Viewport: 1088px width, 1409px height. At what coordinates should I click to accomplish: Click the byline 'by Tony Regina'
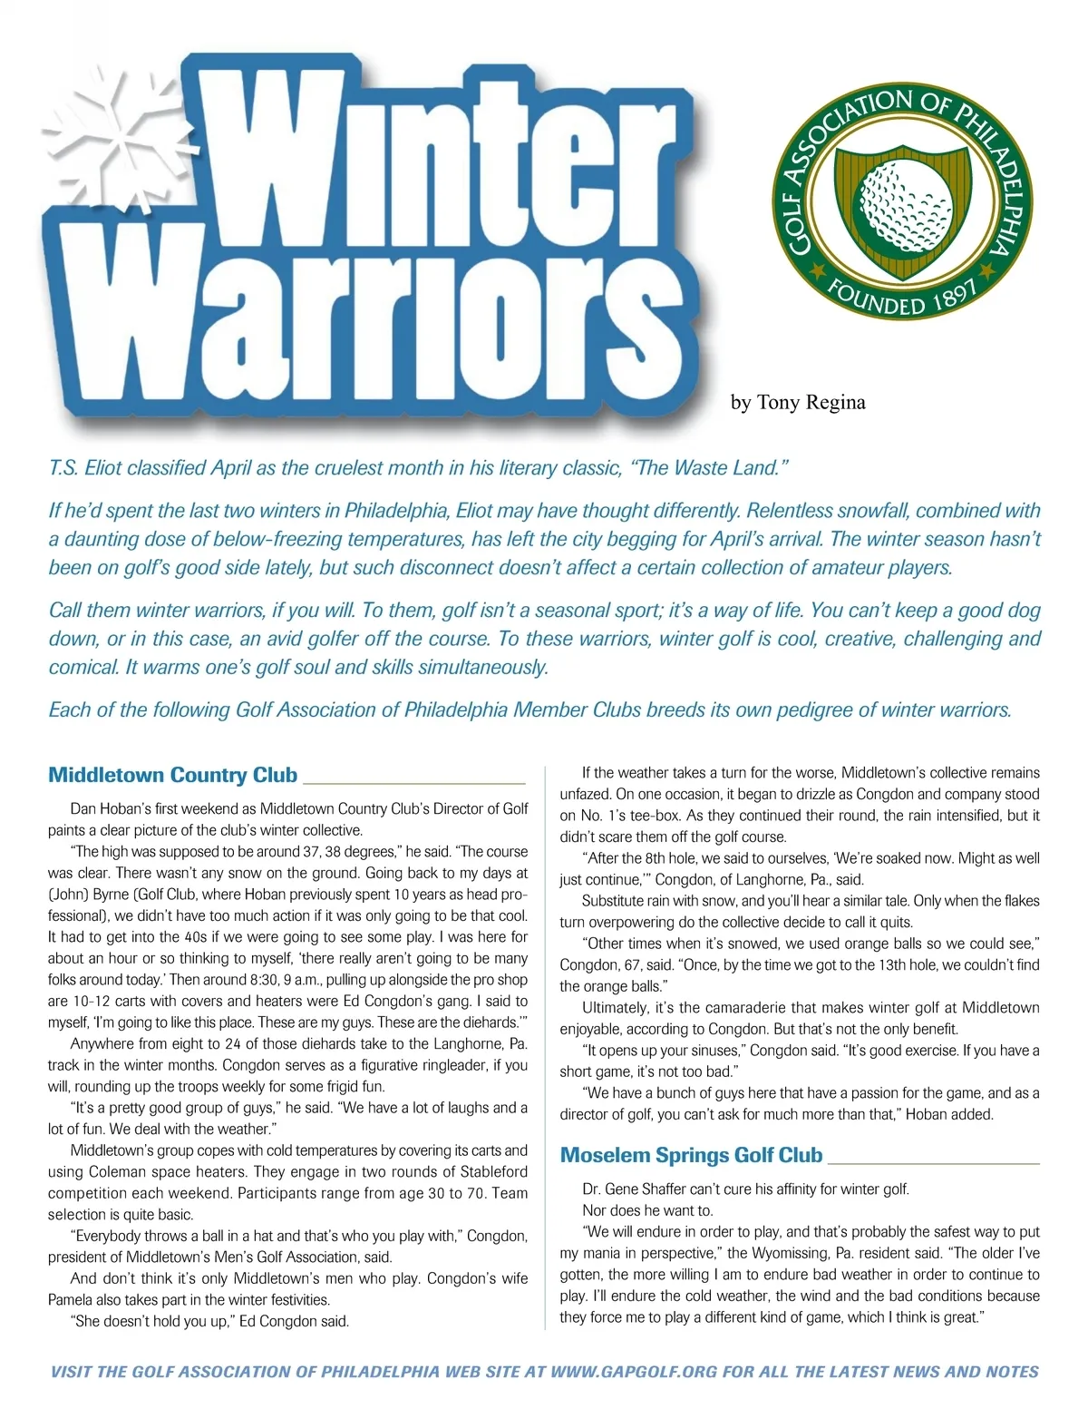coord(798,402)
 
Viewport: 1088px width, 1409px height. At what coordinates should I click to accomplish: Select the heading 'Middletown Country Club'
coord(172,775)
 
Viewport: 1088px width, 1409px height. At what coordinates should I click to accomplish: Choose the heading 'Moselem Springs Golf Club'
coord(691,1155)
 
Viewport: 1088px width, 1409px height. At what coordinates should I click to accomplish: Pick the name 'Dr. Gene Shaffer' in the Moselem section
coord(635,1189)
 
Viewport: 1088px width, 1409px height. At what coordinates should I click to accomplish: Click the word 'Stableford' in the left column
coord(484,1171)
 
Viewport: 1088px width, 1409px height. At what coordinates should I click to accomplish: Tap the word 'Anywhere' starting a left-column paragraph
coord(101,1043)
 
